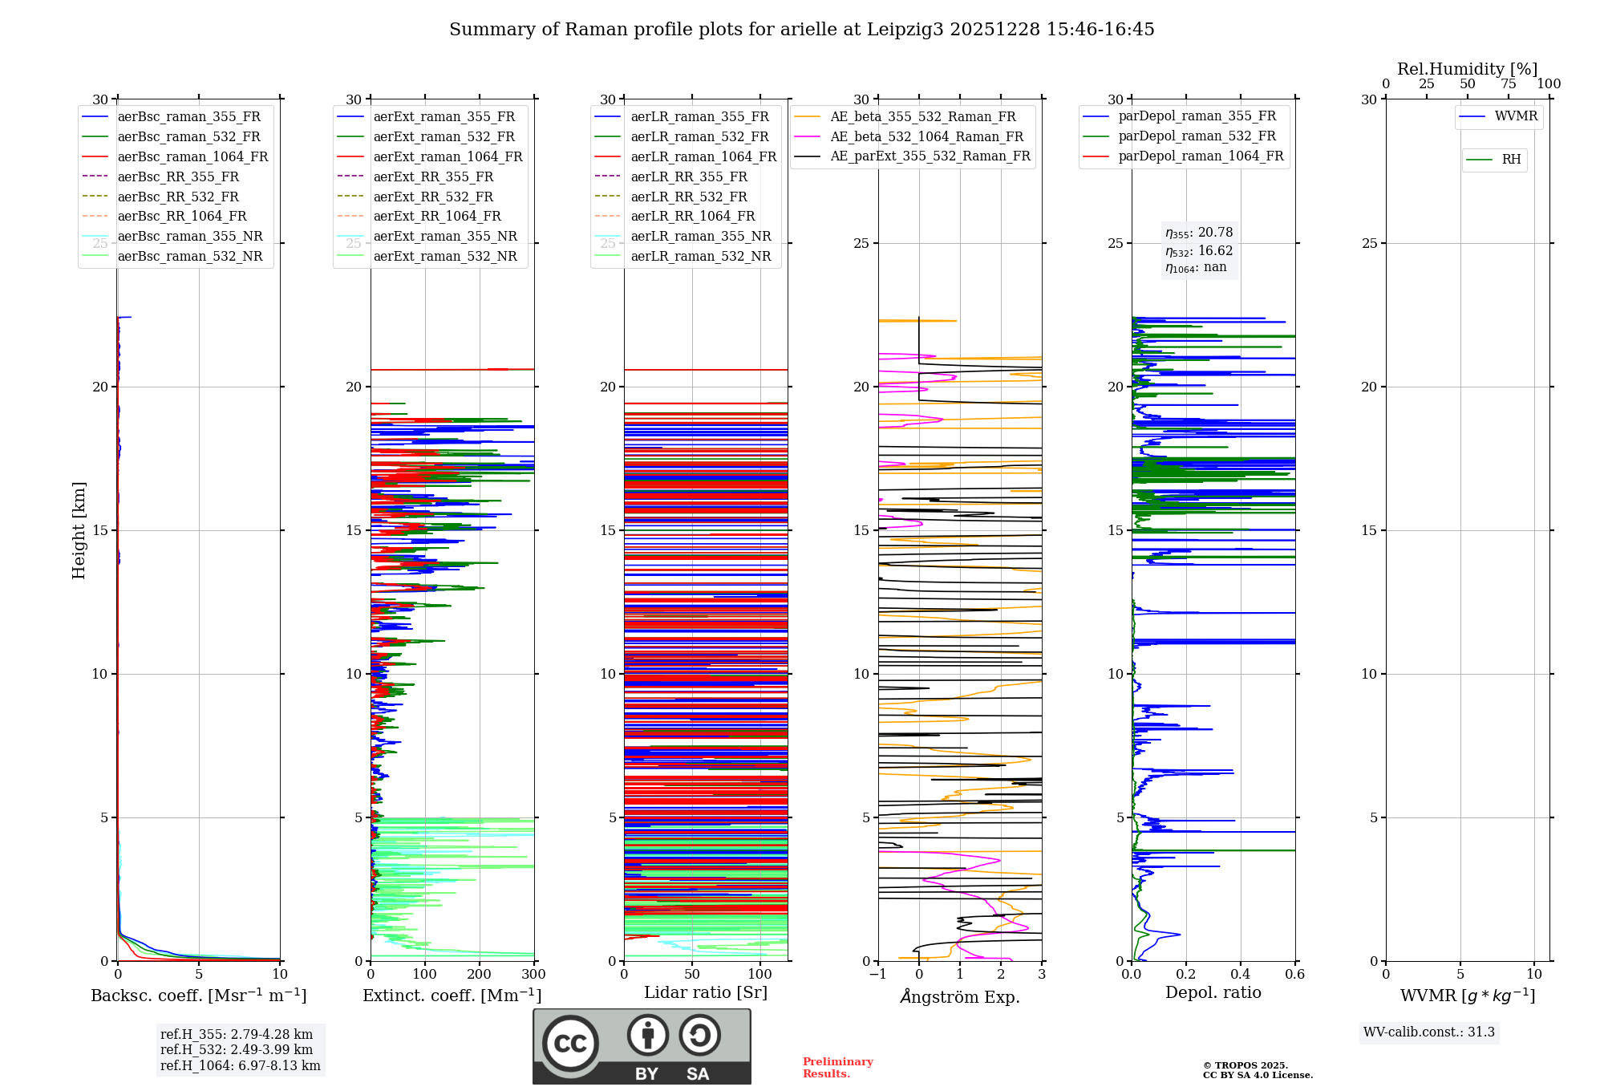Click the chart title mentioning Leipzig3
801,30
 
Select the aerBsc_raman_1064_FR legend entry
192,156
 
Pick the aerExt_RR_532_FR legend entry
433,197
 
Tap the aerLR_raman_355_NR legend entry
700,236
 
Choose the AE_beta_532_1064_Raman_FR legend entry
926,136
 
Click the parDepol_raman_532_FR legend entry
1197,136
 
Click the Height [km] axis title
79,529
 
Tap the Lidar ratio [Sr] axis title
706,992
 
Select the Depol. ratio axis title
1213,992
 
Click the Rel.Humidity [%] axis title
1467,69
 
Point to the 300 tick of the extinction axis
533,975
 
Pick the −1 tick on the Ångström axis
877,975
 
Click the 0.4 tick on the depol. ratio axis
1240,975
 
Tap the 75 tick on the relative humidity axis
1508,84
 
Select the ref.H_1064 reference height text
240,1066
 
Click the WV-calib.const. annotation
1428,1032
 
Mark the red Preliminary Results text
837,1068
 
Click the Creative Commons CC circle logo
570,1044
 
